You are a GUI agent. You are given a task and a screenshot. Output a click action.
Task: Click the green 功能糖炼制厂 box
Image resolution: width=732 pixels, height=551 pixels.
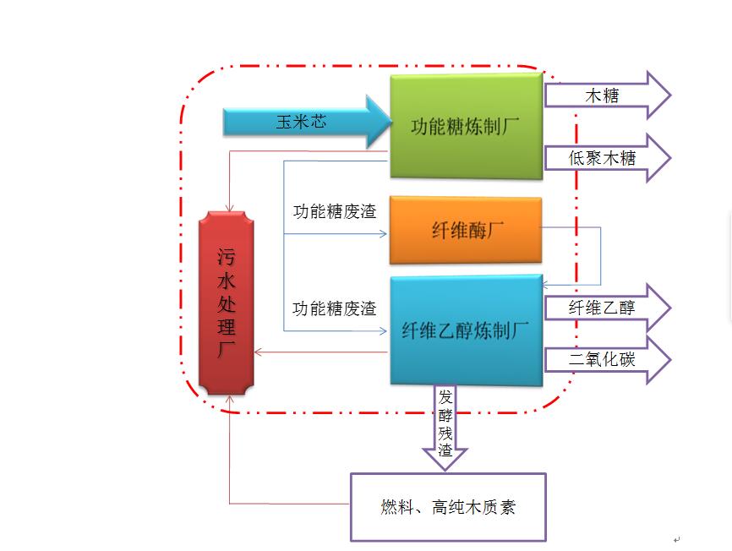tap(466, 126)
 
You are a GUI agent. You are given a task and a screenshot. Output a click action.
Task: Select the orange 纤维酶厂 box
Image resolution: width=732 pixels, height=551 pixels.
tap(465, 231)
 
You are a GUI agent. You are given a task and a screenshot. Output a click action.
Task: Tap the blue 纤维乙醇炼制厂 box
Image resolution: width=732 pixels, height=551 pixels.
tap(466, 330)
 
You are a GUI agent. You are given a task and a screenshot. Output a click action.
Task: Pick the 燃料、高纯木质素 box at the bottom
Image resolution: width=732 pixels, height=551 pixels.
tap(448, 507)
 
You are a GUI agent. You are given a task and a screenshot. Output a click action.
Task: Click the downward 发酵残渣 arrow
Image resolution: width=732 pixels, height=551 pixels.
tap(445, 427)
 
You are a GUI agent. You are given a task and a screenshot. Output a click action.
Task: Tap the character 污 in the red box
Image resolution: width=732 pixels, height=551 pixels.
tap(227, 254)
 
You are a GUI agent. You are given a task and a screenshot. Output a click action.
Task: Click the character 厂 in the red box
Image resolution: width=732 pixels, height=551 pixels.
tap(227, 350)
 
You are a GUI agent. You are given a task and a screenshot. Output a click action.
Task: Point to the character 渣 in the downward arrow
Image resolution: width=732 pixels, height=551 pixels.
tap(445, 453)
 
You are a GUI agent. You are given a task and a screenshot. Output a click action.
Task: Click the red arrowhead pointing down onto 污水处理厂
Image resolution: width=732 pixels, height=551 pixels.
tap(232, 206)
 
